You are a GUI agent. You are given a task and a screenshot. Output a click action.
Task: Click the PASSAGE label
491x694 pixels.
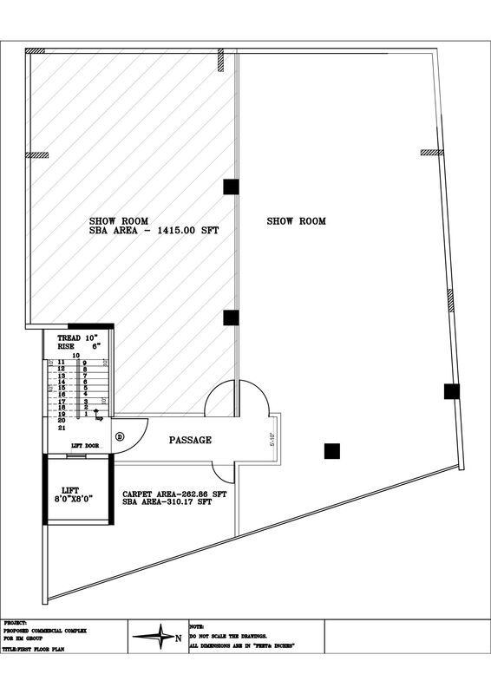[x=190, y=440]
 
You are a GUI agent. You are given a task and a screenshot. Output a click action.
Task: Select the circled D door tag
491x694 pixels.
[x=120, y=435]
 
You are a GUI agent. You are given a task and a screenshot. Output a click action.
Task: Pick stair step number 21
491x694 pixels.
[x=62, y=428]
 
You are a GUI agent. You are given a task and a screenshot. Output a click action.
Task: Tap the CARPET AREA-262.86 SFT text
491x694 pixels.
[x=174, y=493]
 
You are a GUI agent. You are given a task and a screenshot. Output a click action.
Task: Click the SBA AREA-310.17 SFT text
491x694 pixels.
[x=168, y=501]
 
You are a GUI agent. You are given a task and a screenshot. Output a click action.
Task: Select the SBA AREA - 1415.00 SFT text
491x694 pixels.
[x=154, y=231]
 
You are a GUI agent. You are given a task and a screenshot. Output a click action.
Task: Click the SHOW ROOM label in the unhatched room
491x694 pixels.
[x=296, y=221]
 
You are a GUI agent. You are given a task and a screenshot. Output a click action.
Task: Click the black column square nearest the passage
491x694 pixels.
[x=331, y=450]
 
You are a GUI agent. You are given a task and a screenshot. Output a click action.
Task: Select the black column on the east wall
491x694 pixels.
[x=451, y=391]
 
